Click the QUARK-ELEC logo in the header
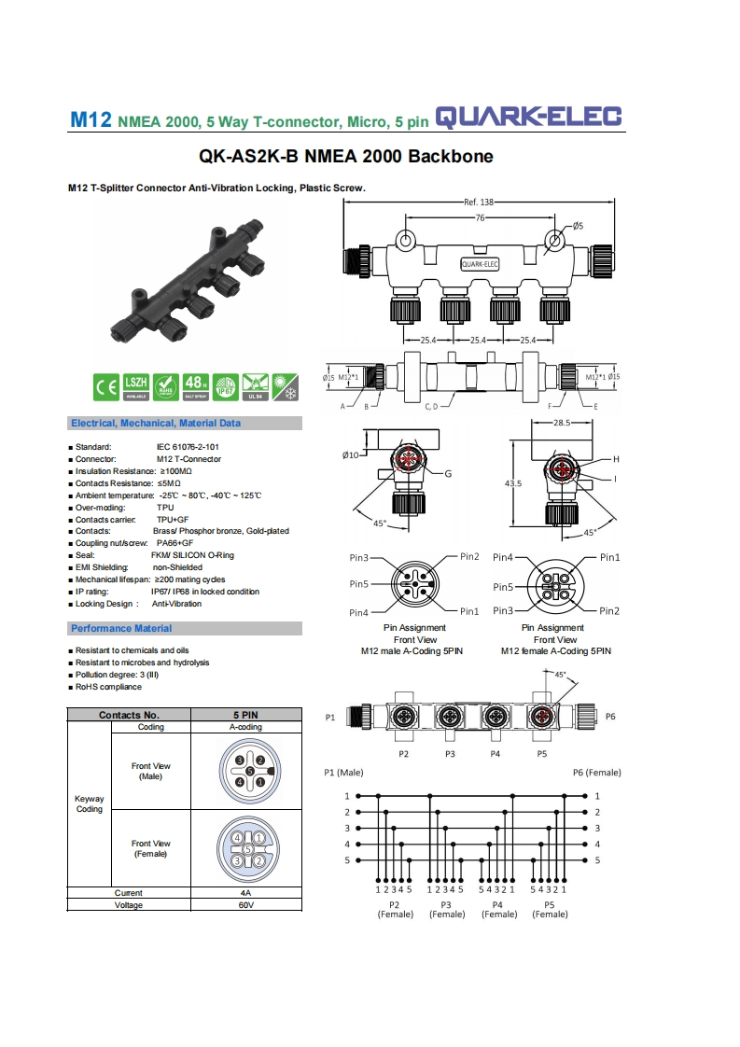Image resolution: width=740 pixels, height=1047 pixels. tap(529, 118)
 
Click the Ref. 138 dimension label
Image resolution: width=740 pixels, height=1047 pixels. tap(478, 202)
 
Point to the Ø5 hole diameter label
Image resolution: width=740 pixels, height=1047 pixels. tap(578, 226)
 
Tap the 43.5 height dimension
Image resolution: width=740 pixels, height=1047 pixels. tap(513, 483)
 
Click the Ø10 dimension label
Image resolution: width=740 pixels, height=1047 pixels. tap(351, 454)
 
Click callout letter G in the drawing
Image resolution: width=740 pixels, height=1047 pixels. tap(448, 474)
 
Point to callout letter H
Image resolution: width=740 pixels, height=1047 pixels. tap(617, 459)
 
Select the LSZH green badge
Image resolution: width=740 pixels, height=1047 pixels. tap(136, 384)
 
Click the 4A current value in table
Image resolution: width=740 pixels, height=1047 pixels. tap(247, 893)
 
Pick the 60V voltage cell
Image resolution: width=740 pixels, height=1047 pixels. tap(247, 905)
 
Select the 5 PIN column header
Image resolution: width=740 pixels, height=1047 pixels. tap(247, 715)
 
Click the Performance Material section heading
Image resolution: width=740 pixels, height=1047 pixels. tap(121, 628)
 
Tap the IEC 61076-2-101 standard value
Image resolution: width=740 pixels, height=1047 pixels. tap(188, 447)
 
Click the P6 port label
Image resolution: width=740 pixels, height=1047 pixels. tap(610, 717)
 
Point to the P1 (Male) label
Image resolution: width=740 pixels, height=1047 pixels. tap(343, 773)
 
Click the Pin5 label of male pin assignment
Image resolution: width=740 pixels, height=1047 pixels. tap(359, 584)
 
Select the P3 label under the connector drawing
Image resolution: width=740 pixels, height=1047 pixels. tap(450, 752)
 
